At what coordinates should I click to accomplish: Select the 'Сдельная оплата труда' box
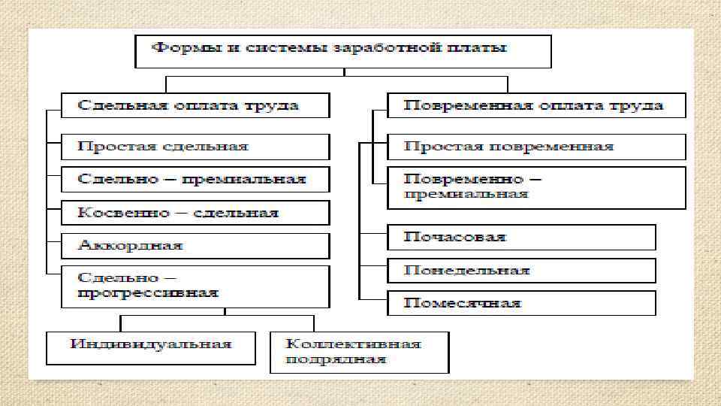(x=195, y=105)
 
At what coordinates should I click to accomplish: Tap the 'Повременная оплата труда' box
(x=536, y=105)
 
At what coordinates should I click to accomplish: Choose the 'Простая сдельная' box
(x=195, y=147)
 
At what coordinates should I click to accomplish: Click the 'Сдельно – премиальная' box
(x=195, y=180)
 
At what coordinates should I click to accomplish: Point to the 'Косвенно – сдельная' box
(x=195, y=213)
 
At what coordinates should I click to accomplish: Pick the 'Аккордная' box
(x=195, y=246)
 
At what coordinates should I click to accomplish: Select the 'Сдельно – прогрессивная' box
(x=195, y=286)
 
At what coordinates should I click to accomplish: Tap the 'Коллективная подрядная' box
(x=359, y=352)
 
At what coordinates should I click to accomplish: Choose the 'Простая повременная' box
(x=536, y=147)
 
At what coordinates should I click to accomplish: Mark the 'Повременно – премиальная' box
(x=536, y=187)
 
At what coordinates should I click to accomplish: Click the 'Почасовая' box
(x=521, y=237)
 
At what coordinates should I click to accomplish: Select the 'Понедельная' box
(x=521, y=271)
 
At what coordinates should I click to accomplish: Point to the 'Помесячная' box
(x=521, y=304)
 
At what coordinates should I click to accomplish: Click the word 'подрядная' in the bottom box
(x=335, y=359)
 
